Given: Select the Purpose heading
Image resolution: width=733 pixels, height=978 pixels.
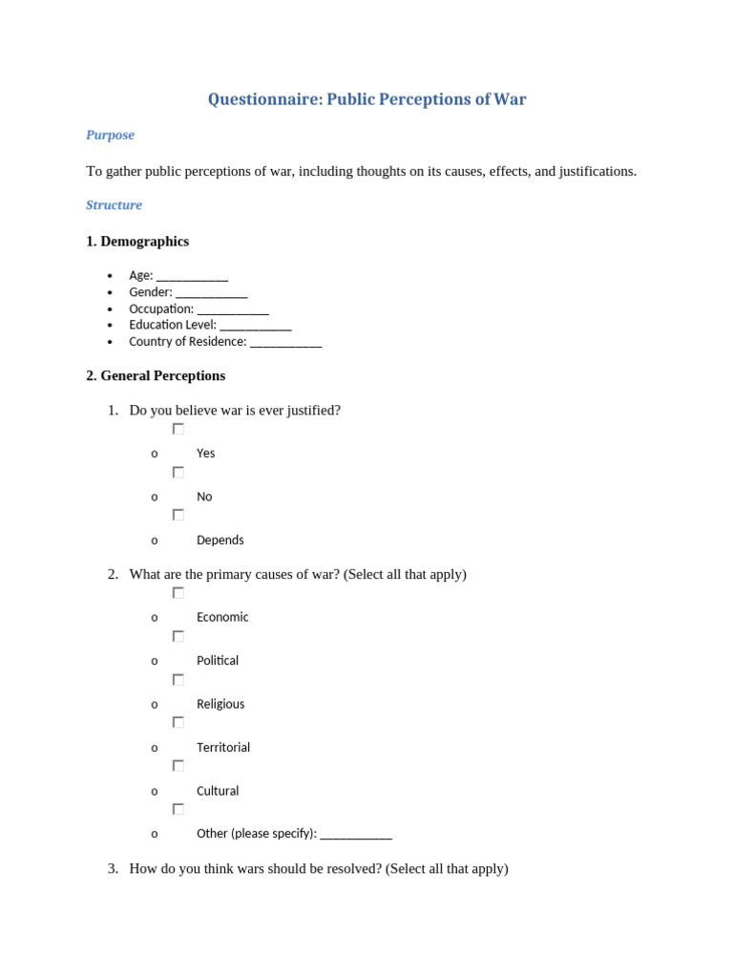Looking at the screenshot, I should [x=110, y=136].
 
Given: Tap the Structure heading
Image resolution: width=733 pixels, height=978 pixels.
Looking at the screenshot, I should [x=114, y=205].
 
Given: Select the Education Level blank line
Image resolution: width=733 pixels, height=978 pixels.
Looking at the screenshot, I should [x=256, y=327].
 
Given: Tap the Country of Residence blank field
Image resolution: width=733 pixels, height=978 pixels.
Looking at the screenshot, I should [x=286, y=343].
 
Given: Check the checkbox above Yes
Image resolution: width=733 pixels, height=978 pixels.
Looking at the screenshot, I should [x=178, y=429].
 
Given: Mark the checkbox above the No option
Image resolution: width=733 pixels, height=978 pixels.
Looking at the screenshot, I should [x=178, y=472].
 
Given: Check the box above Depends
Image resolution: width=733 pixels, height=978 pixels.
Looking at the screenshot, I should [x=178, y=515].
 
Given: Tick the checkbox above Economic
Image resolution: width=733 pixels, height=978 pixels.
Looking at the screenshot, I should [x=178, y=592].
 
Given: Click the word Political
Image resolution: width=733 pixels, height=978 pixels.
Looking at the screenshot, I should [x=218, y=661].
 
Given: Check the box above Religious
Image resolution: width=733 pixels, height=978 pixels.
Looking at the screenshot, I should [x=178, y=679].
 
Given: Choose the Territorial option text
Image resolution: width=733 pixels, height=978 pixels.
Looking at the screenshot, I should [x=223, y=748].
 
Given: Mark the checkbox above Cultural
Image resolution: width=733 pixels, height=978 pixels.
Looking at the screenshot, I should [x=178, y=765].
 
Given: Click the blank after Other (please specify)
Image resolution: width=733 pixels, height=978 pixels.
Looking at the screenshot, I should [x=356, y=835].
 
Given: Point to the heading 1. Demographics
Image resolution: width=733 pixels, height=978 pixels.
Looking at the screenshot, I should [x=137, y=242].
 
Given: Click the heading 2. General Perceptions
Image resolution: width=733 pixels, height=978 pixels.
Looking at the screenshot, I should [x=156, y=376].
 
